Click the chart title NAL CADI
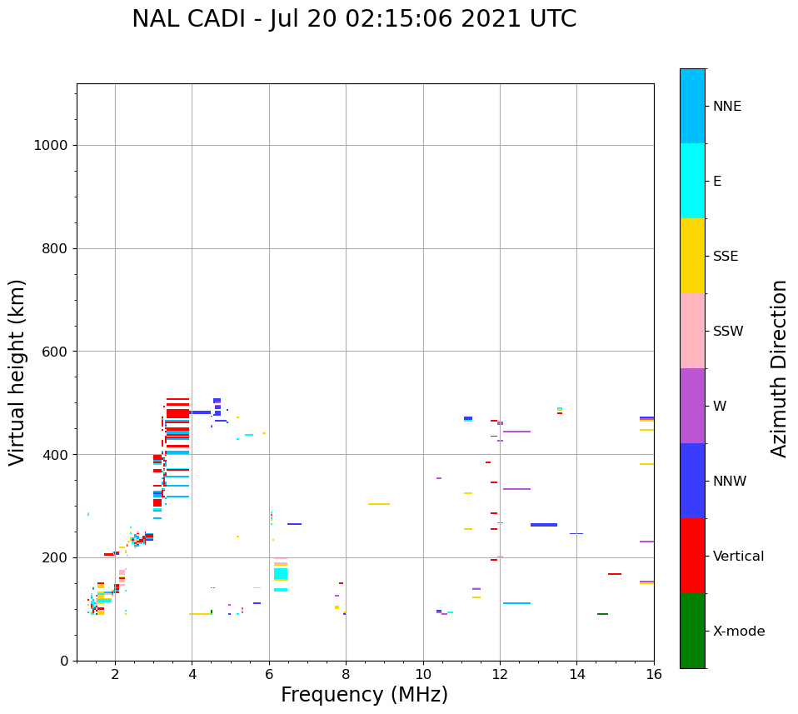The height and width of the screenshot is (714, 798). point(354,19)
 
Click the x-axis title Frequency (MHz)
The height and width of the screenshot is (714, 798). point(364,695)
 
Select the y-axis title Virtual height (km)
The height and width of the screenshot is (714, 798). point(17,372)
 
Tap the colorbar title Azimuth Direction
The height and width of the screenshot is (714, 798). point(779,367)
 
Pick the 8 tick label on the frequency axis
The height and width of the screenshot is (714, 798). point(346,673)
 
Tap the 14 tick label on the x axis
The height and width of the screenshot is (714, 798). point(576,673)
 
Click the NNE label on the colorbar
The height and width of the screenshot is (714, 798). point(726,107)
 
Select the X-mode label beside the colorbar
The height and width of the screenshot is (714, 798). point(739,632)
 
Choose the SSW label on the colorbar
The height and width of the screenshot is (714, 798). point(728,332)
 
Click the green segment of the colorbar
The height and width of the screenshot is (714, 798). point(692,631)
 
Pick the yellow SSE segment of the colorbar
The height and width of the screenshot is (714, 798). point(692,256)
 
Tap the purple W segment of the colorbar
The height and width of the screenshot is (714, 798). point(692,406)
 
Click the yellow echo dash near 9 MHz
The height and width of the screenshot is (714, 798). point(379,504)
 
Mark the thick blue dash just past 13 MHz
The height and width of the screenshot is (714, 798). point(544,525)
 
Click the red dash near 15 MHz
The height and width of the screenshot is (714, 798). point(615,574)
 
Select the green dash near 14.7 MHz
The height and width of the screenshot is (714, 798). point(602,614)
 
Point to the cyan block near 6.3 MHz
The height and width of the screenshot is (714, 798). point(281,573)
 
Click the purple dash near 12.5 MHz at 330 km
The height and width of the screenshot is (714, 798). point(516,489)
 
